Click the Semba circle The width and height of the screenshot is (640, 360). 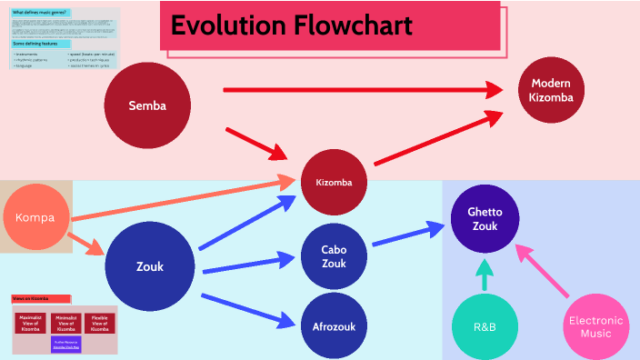[147, 105]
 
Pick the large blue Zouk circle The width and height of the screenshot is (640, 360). [150, 266]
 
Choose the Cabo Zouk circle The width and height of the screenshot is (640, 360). [334, 256]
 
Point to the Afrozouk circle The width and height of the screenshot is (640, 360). [334, 325]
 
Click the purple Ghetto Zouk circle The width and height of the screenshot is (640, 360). [485, 218]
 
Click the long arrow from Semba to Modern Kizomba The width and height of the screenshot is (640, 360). [364, 89]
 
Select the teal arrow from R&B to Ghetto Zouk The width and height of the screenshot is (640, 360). [485, 274]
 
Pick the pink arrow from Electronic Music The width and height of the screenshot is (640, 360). [543, 270]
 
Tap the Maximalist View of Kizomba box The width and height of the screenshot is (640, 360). [30, 323]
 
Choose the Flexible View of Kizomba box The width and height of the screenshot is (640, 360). [99, 323]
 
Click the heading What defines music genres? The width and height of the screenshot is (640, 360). [40, 13]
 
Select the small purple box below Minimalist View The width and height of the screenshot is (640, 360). [65, 344]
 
